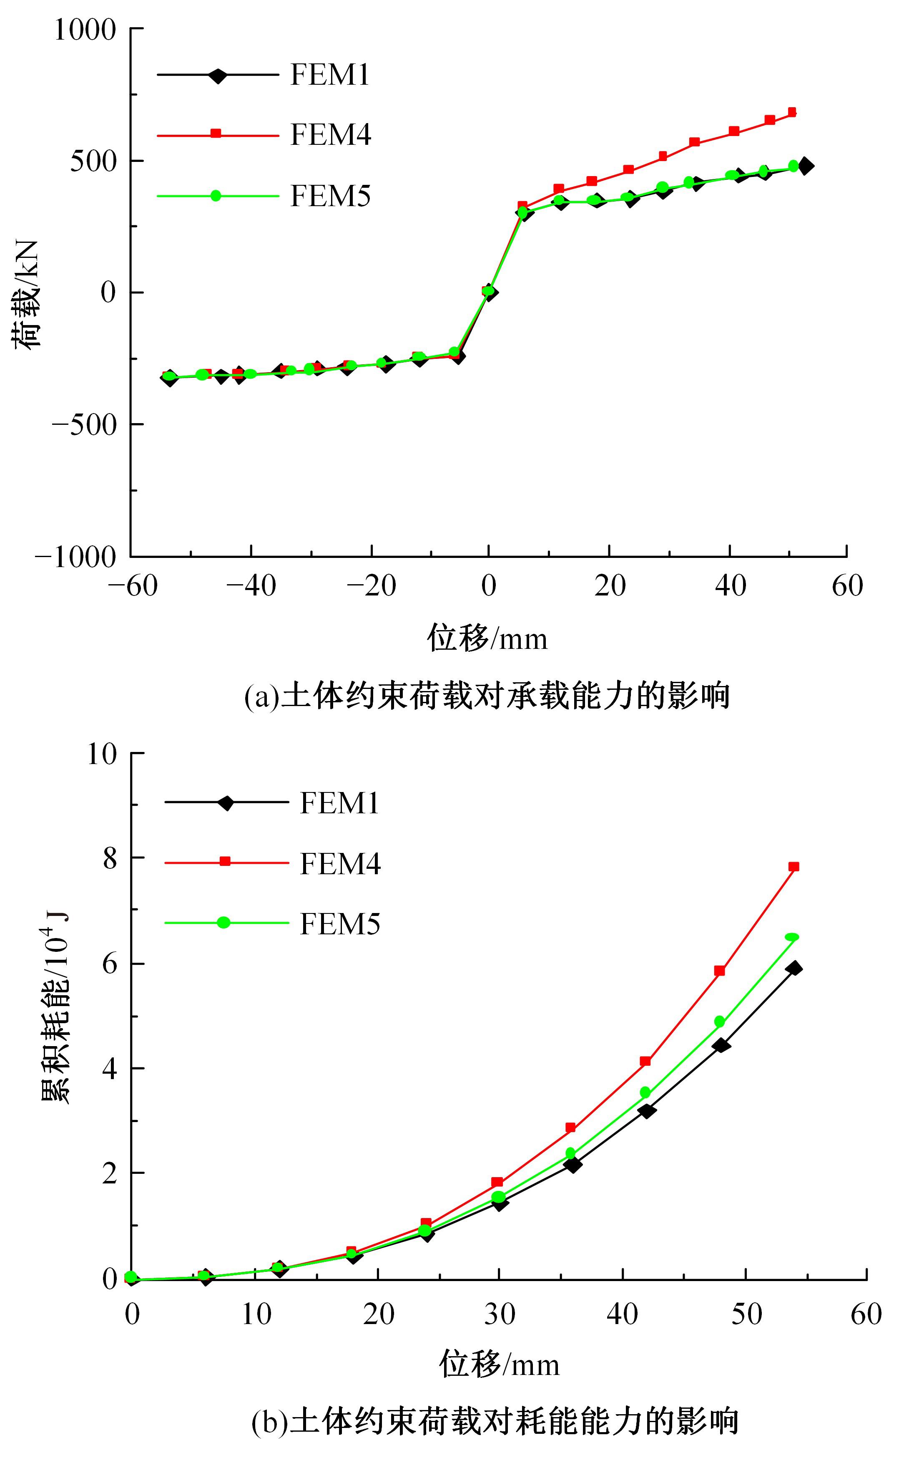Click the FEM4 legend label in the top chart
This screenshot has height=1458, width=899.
[x=331, y=135]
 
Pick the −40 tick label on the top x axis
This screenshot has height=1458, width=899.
[x=251, y=587]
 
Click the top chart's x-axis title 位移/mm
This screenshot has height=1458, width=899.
[x=487, y=639]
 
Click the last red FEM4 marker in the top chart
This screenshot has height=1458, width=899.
[x=791, y=112]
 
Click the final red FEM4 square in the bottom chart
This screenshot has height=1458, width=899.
[x=793, y=867]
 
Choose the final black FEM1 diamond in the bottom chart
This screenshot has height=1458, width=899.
[x=793, y=968]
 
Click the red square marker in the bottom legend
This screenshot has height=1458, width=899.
[x=225, y=861]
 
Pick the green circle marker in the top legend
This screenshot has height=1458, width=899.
[x=216, y=196]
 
